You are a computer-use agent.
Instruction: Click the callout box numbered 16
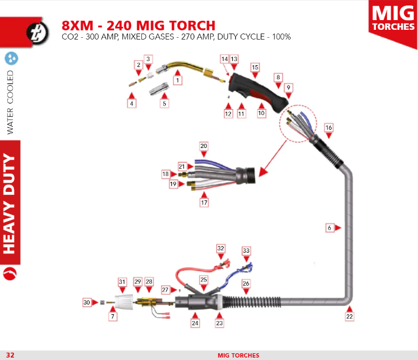(x=328, y=128)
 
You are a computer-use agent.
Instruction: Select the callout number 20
(x=204, y=146)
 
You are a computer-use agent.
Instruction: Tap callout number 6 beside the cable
(x=330, y=228)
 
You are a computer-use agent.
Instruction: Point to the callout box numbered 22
(x=350, y=317)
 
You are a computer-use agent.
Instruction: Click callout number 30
(x=87, y=303)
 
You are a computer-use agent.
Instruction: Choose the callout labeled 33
(x=246, y=251)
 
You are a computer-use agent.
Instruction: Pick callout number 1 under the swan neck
(x=177, y=80)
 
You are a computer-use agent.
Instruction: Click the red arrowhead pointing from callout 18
(x=174, y=174)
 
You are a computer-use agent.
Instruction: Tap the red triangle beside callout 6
(x=338, y=228)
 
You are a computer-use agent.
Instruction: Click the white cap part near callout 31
(x=124, y=302)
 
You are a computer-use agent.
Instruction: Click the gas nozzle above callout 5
(x=159, y=89)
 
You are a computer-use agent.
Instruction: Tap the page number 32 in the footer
(x=10, y=355)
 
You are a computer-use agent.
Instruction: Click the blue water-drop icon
(x=12, y=58)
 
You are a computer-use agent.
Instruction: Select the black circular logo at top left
(x=38, y=32)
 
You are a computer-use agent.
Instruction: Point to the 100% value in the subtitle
(x=282, y=37)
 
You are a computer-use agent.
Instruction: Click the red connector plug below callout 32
(x=224, y=264)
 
